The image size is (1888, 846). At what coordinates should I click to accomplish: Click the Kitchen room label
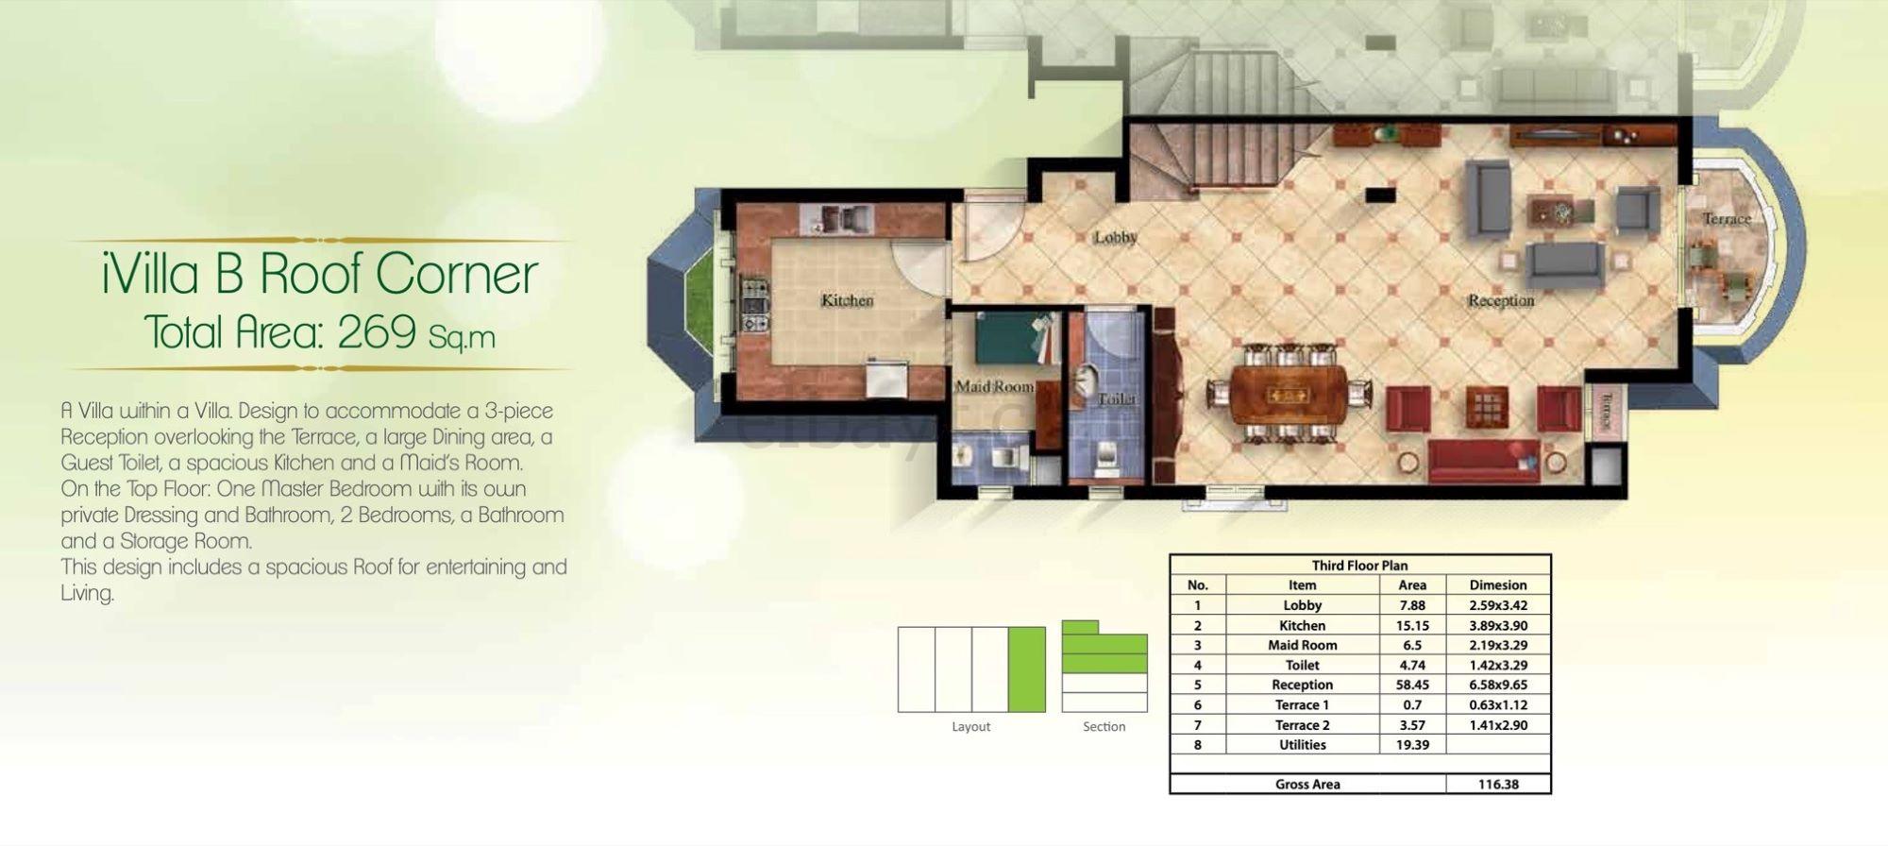click(x=847, y=300)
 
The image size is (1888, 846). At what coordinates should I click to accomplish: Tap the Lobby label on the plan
click(x=1116, y=237)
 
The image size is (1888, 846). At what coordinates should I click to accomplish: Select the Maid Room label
click(x=994, y=386)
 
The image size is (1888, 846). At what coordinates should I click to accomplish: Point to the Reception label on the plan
click(x=1500, y=300)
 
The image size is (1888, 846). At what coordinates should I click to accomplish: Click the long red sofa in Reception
click(x=1483, y=462)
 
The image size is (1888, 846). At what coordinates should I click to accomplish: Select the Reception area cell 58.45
click(x=1411, y=685)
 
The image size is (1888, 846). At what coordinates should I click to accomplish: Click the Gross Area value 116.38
click(x=1498, y=784)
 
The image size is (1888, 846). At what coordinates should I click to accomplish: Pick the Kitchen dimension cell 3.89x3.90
click(x=1498, y=625)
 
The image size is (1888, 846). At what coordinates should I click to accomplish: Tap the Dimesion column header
click(x=1498, y=584)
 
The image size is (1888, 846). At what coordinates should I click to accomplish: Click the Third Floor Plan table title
click(x=1359, y=566)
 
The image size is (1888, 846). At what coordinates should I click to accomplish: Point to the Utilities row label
click(x=1303, y=745)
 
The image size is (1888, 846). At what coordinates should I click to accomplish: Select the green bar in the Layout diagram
click(x=1027, y=669)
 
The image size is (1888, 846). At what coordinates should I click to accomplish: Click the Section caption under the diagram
click(x=1104, y=726)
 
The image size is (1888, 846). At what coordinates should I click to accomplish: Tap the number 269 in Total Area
click(x=377, y=332)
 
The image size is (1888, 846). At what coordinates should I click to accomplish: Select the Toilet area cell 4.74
click(x=1411, y=665)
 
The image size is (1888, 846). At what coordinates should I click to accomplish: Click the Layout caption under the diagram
click(x=971, y=727)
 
